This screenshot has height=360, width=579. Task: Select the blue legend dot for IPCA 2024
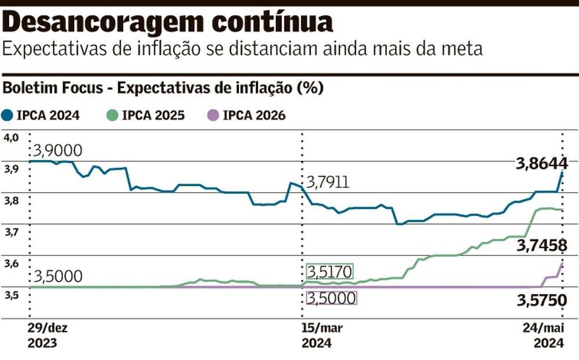[8, 115]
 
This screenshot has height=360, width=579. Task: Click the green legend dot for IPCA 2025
[113, 115]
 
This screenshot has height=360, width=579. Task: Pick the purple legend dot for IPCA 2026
[214, 115]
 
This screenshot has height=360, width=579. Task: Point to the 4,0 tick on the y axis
[11, 137]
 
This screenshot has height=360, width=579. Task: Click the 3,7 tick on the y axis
[11, 232]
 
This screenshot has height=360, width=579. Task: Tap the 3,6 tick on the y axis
[11, 264]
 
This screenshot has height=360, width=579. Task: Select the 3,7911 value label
[329, 183]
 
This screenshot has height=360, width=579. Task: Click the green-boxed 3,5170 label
[329, 271]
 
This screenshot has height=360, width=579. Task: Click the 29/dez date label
[47, 328]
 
